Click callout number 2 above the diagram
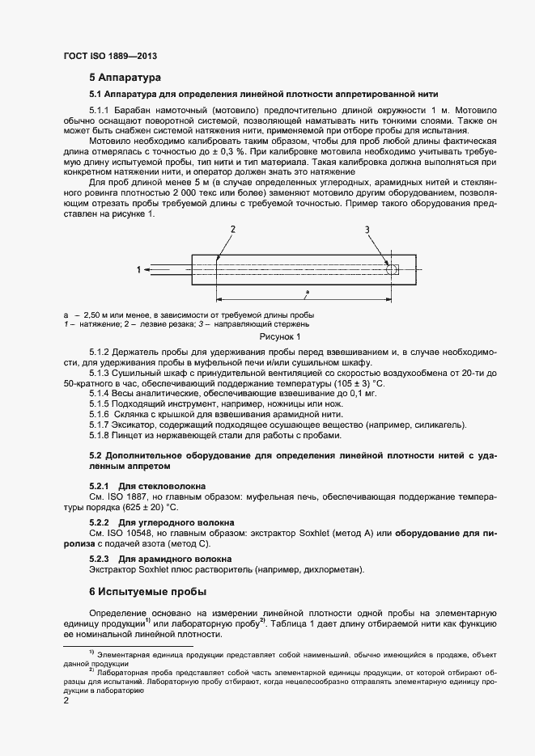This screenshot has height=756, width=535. (232, 230)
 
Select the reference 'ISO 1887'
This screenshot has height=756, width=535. (122, 496)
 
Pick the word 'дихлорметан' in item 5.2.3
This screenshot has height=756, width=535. (333, 571)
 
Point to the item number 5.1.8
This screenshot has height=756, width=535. (99, 437)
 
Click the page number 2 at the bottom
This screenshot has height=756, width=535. (66, 701)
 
